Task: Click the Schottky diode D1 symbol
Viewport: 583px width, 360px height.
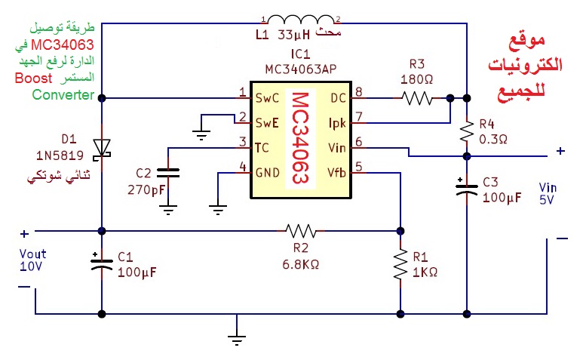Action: pyautogui.click(x=102, y=148)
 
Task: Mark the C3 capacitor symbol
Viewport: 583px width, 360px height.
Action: pyautogui.click(x=467, y=188)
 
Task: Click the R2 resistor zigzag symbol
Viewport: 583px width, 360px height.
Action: pyautogui.click(x=301, y=229)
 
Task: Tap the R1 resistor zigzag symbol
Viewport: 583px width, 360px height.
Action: pyautogui.click(x=400, y=266)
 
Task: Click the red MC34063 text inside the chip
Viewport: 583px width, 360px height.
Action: pyautogui.click(x=300, y=140)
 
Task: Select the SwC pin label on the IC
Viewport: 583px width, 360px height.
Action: pyautogui.click(x=267, y=97)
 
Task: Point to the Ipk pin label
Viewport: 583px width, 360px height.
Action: pyautogui.click(x=336, y=122)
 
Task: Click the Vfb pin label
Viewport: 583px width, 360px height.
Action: pyautogui.click(x=336, y=171)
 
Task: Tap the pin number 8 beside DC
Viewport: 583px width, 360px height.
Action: pyautogui.click(x=358, y=92)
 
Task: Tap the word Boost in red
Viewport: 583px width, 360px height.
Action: pyautogui.click(x=33, y=79)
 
